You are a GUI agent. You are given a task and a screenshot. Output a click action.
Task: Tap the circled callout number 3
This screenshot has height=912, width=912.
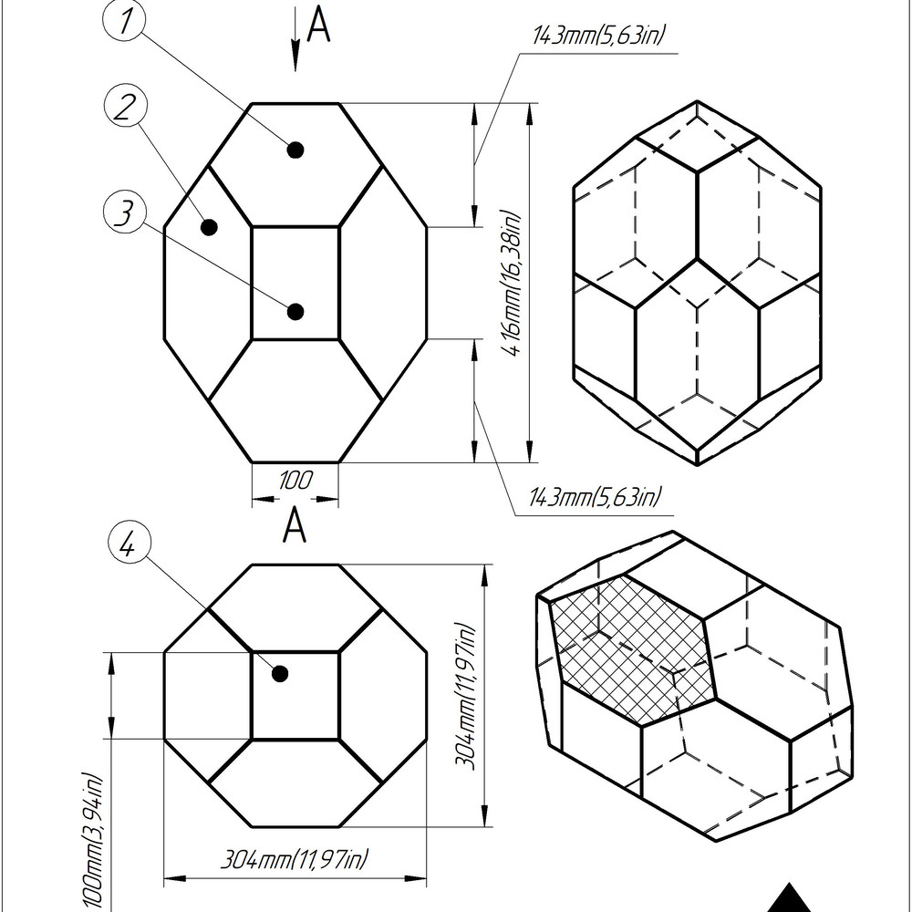coord(124,212)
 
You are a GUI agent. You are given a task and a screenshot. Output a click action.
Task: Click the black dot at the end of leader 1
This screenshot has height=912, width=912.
coord(295,150)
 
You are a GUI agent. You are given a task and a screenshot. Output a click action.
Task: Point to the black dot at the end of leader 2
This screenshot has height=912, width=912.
coord(209,227)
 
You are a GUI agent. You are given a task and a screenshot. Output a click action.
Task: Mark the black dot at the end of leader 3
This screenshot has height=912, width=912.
coord(295,312)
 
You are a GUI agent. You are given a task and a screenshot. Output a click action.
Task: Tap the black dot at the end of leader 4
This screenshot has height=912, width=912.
coord(280,674)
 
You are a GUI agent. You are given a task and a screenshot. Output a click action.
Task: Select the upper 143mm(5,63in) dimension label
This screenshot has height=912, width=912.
coord(598,35)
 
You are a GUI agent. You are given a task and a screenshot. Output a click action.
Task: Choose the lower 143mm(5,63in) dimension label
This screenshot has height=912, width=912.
coord(595,498)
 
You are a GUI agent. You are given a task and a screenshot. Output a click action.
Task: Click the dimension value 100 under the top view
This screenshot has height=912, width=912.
coord(295,481)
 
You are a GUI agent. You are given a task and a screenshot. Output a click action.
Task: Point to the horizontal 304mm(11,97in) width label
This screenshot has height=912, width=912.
coord(295,858)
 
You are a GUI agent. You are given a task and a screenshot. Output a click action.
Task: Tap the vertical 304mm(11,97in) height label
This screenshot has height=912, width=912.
coord(466,696)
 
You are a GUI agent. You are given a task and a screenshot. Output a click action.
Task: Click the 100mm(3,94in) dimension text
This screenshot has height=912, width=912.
coord(92,841)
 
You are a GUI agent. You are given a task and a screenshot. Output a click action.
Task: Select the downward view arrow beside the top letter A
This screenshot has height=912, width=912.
coord(295,38)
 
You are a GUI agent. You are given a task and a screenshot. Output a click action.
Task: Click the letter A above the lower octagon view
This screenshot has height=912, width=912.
coord(295,524)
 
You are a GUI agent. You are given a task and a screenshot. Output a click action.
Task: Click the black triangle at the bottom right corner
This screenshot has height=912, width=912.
coord(789,898)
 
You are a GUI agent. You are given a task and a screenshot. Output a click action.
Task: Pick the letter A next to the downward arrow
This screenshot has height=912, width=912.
coord(318,25)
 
